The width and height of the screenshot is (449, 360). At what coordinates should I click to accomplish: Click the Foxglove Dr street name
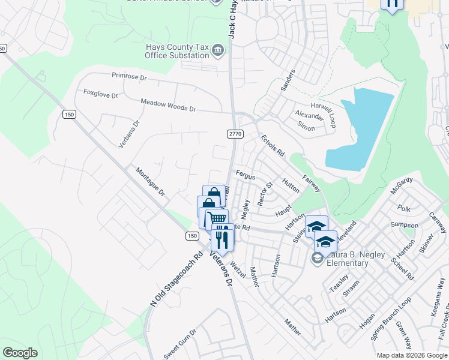click(101, 94)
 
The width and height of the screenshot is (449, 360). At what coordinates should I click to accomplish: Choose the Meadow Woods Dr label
click(169, 106)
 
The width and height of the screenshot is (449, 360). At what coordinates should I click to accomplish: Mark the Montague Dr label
click(149, 182)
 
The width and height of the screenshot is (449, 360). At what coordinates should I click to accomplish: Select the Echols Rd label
click(272, 146)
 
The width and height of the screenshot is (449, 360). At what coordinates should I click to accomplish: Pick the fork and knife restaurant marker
click(222, 239)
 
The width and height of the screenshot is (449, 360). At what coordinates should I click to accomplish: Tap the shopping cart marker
click(216, 219)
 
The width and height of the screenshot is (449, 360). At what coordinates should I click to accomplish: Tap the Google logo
click(20, 352)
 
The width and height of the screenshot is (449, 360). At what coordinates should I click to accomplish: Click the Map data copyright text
click(411, 355)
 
